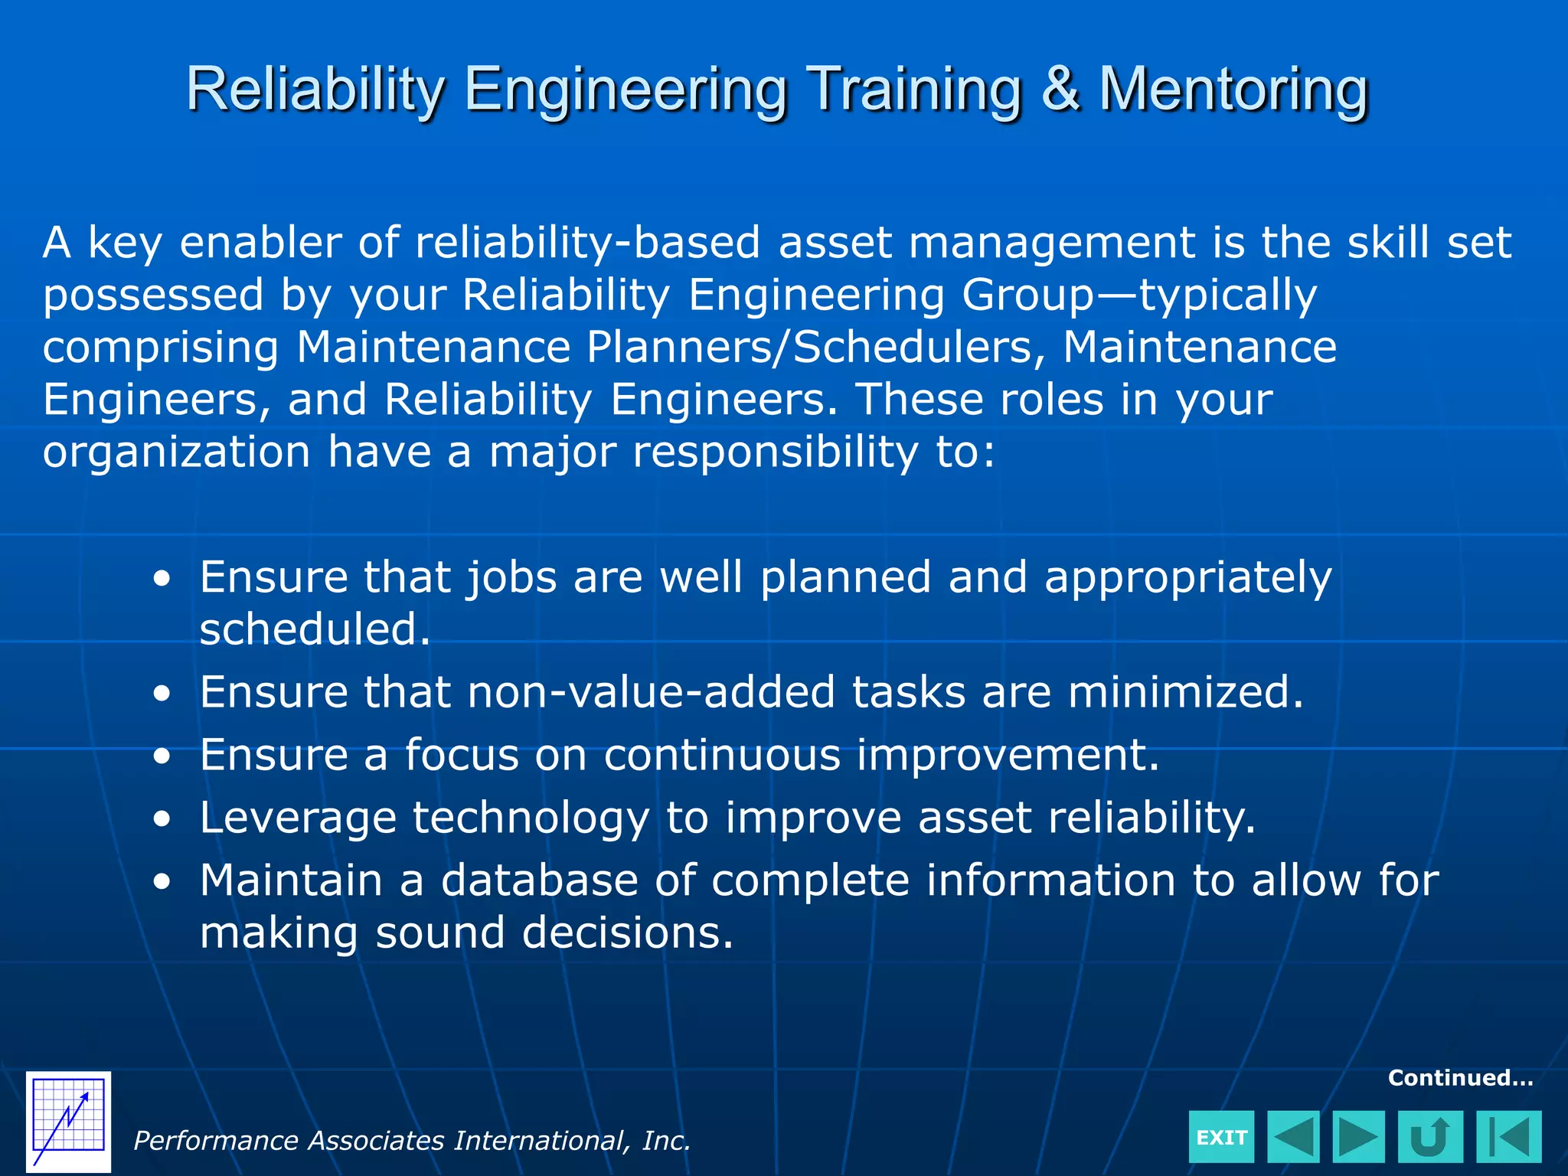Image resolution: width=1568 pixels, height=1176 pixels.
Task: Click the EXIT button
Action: pyautogui.click(x=1221, y=1137)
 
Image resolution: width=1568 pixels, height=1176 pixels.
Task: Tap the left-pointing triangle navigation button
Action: pyautogui.click(x=1293, y=1137)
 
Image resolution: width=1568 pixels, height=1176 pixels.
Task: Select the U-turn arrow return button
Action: pyautogui.click(x=1429, y=1137)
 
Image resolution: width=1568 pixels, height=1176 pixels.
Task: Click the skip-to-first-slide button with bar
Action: pyautogui.click(x=1508, y=1137)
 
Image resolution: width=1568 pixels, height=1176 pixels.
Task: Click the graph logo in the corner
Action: pyautogui.click(x=68, y=1122)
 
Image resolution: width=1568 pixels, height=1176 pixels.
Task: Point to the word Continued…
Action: pyautogui.click(x=1460, y=1078)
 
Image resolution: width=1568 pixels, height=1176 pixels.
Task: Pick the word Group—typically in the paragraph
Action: pyautogui.click(x=1139, y=295)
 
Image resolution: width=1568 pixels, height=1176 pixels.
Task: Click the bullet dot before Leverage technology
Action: pyautogui.click(x=162, y=819)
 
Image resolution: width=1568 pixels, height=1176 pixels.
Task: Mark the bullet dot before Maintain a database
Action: pyautogui.click(x=162, y=882)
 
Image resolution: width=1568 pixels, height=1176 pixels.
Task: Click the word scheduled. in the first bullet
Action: pyautogui.click(x=315, y=629)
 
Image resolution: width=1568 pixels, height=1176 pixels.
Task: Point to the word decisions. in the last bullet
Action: pyautogui.click(x=627, y=933)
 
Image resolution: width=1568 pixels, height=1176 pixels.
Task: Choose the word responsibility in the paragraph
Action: pyautogui.click(x=775, y=452)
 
